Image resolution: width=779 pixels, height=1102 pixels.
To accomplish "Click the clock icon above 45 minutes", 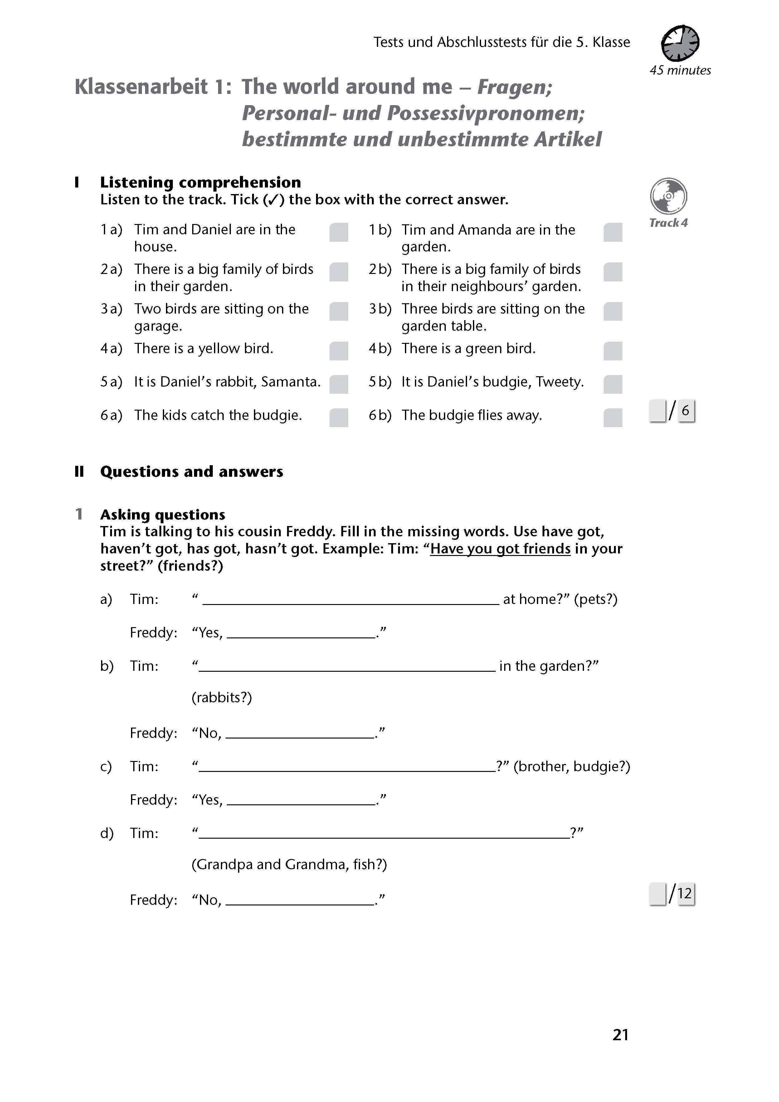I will tap(680, 43).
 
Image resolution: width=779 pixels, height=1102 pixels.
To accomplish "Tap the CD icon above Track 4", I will tap(668, 196).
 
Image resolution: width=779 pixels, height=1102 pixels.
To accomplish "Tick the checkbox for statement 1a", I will tap(338, 232).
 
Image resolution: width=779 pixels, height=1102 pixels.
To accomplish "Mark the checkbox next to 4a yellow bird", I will tap(338, 351).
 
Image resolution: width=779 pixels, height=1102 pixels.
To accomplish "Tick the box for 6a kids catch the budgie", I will tap(338, 417).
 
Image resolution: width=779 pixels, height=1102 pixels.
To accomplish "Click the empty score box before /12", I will tap(657, 894).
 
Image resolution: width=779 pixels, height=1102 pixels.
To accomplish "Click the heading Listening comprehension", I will tap(200, 183).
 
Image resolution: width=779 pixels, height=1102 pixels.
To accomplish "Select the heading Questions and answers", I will tap(192, 472).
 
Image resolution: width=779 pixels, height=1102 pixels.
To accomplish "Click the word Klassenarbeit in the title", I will tap(142, 87).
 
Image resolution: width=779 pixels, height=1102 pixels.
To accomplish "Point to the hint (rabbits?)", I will tap(221, 697).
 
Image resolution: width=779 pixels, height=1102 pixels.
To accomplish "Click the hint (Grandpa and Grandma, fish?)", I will tap(289, 865).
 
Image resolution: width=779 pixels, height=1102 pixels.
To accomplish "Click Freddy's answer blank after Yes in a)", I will tap(301, 633).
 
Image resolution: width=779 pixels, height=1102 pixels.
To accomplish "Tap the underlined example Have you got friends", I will tap(500, 549).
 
